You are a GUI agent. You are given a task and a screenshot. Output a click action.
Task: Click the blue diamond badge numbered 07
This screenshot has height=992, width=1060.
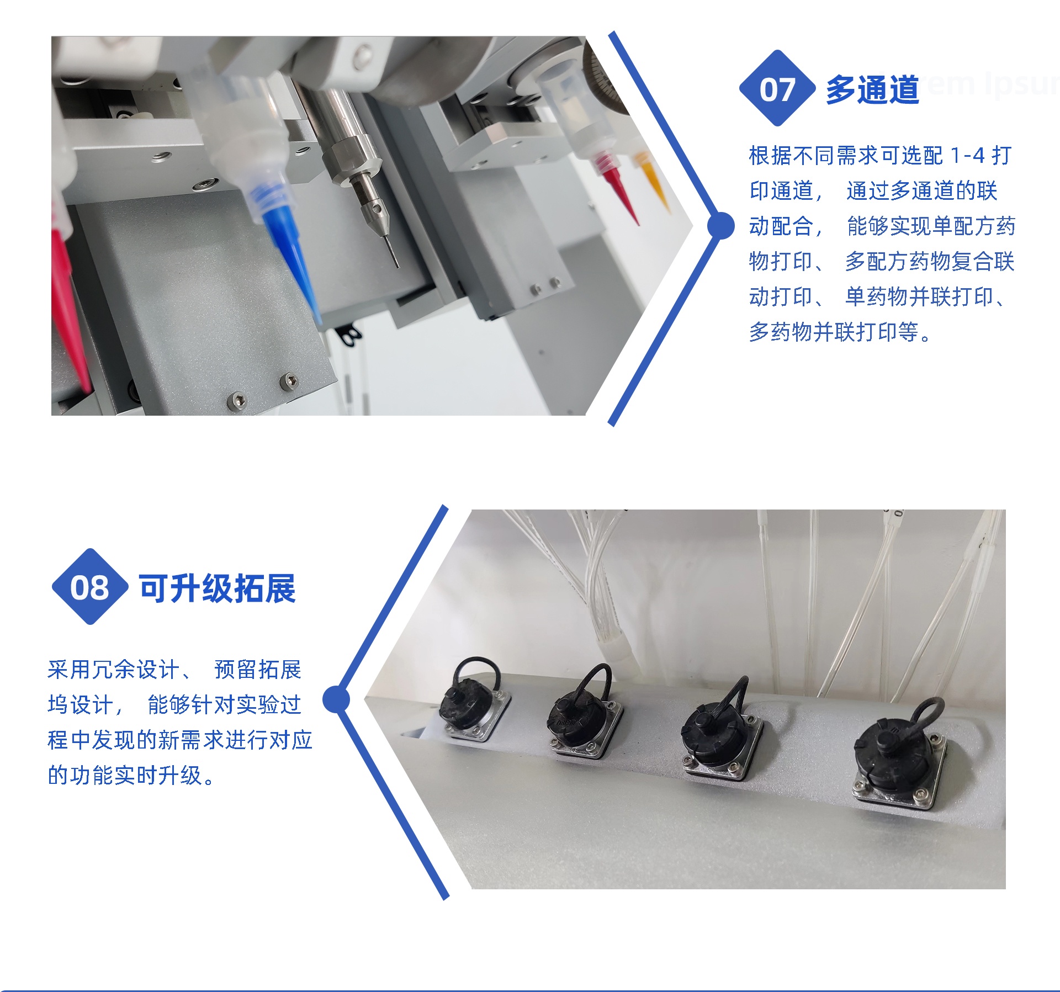777,88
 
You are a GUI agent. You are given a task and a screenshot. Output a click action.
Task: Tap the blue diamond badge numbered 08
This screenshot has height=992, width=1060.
90,587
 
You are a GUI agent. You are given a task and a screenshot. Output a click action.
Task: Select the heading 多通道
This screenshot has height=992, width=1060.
872,89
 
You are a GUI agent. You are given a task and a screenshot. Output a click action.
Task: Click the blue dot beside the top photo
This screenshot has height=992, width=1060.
720,226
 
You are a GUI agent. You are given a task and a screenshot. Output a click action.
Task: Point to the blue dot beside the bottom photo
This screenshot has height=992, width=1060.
336,699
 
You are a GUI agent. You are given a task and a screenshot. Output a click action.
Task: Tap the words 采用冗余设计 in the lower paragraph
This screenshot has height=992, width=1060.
113,670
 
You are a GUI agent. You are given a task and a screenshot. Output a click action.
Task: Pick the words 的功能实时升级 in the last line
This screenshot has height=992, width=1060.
124,775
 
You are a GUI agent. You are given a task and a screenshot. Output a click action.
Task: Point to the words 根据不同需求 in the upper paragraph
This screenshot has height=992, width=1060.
814,156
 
